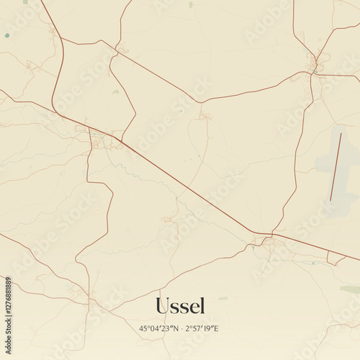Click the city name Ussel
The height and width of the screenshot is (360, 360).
pyautogui.click(x=180, y=306)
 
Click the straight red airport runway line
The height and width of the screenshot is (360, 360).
pyautogui.click(x=336, y=166)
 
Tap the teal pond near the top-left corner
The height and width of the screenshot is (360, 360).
pyautogui.click(x=7, y=35)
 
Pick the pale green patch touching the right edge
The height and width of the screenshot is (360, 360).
pyautogui.click(x=351, y=289)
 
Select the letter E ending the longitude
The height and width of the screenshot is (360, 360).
pyautogui.click(x=217, y=328)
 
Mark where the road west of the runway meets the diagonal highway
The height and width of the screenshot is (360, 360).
pyautogui.click(x=273, y=233)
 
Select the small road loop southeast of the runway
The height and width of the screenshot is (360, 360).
pyautogui.click(x=336, y=257)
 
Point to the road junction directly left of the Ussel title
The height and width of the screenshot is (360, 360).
pyautogui.click(x=89, y=297)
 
